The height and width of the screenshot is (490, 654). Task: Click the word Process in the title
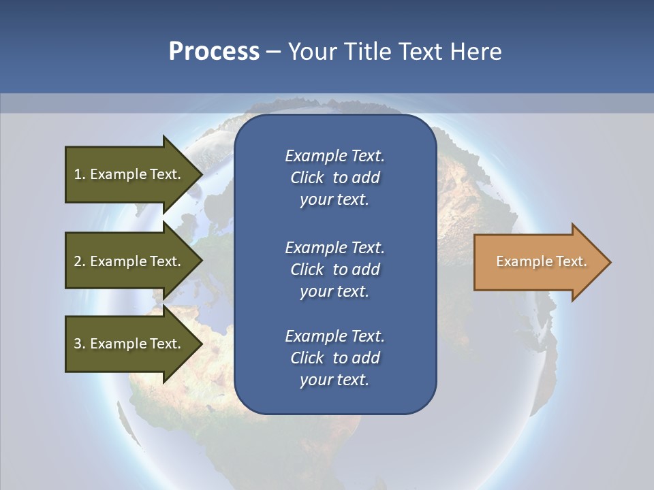click(x=214, y=52)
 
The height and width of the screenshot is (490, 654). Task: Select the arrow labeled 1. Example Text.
click(x=127, y=174)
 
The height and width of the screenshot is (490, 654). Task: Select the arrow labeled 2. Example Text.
click(x=127, y=261)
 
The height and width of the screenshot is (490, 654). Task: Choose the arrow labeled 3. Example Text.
click(x=127, y=344)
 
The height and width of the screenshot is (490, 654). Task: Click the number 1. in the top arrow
click(x=80, y=174)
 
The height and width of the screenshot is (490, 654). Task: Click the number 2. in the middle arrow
click(x=80, y=261)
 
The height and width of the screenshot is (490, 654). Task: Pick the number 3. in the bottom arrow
click(x=80, y=344)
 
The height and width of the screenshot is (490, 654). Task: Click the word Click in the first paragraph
click(x=307, y=178)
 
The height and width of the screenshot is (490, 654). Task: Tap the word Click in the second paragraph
click(x=307, y=269)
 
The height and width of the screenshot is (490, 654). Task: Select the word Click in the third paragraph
click(x=307, y=358)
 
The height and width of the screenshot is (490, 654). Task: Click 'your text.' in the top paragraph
click(x=334, y=199)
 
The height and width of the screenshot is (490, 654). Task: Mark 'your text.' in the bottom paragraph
click(x=334, y=380)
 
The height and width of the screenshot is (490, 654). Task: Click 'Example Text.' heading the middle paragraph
click(x=334, y=247)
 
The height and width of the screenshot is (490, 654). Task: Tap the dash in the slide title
click(x=273, y=52)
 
